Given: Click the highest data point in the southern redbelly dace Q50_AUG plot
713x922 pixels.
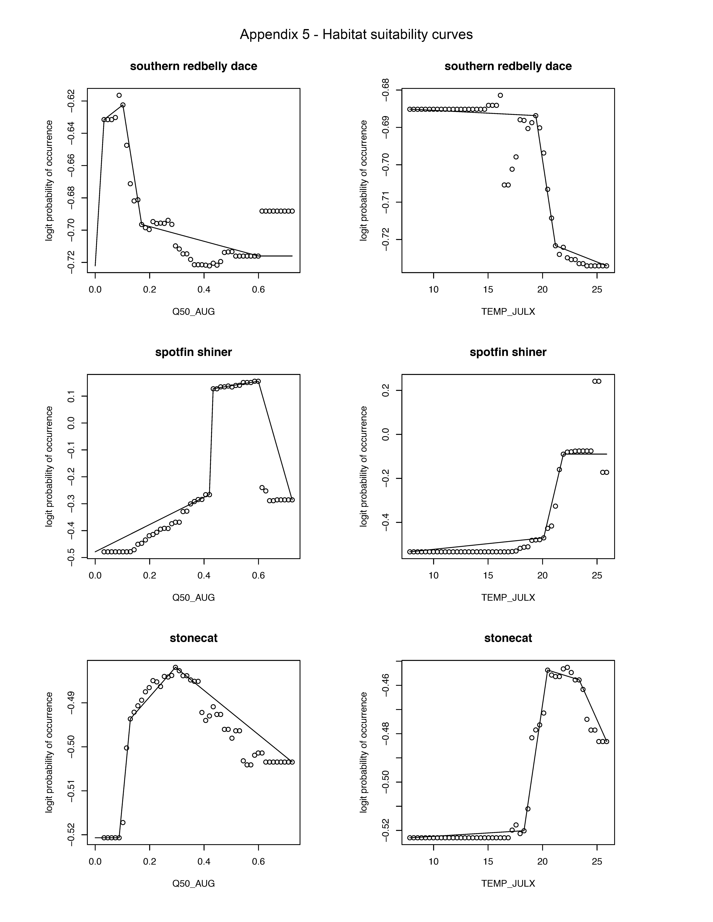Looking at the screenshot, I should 119,95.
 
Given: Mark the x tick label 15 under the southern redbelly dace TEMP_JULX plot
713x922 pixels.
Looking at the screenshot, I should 488,290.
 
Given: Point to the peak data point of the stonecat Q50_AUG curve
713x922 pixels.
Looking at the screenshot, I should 175,667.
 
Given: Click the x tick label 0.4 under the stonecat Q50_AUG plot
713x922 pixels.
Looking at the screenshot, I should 204,861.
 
